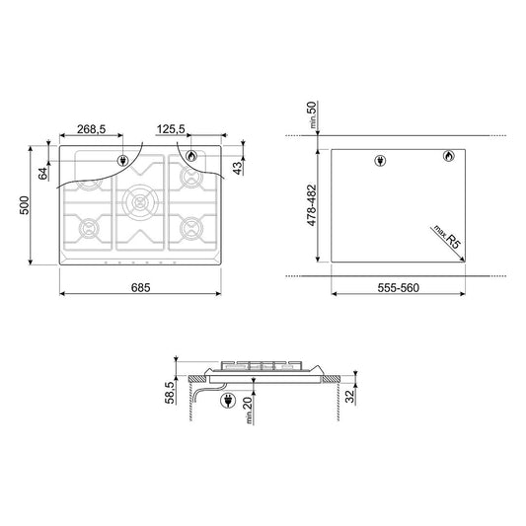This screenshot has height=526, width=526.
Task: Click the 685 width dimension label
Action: click(140, 288)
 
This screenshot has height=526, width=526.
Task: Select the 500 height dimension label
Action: click(25, 205)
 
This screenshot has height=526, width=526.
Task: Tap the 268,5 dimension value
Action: click(91, 129)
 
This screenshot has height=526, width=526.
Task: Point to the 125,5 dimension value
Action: click(171, 129)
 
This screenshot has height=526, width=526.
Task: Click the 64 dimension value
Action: click(43, 174)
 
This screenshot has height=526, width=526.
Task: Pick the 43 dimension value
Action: click(238, 168)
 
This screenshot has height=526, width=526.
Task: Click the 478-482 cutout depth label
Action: click(312, 205)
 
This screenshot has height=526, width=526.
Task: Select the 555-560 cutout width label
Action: click(398, 288)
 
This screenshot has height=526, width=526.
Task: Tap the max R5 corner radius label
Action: click(447, 237)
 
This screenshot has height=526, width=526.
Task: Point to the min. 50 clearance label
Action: click(312, 114)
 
